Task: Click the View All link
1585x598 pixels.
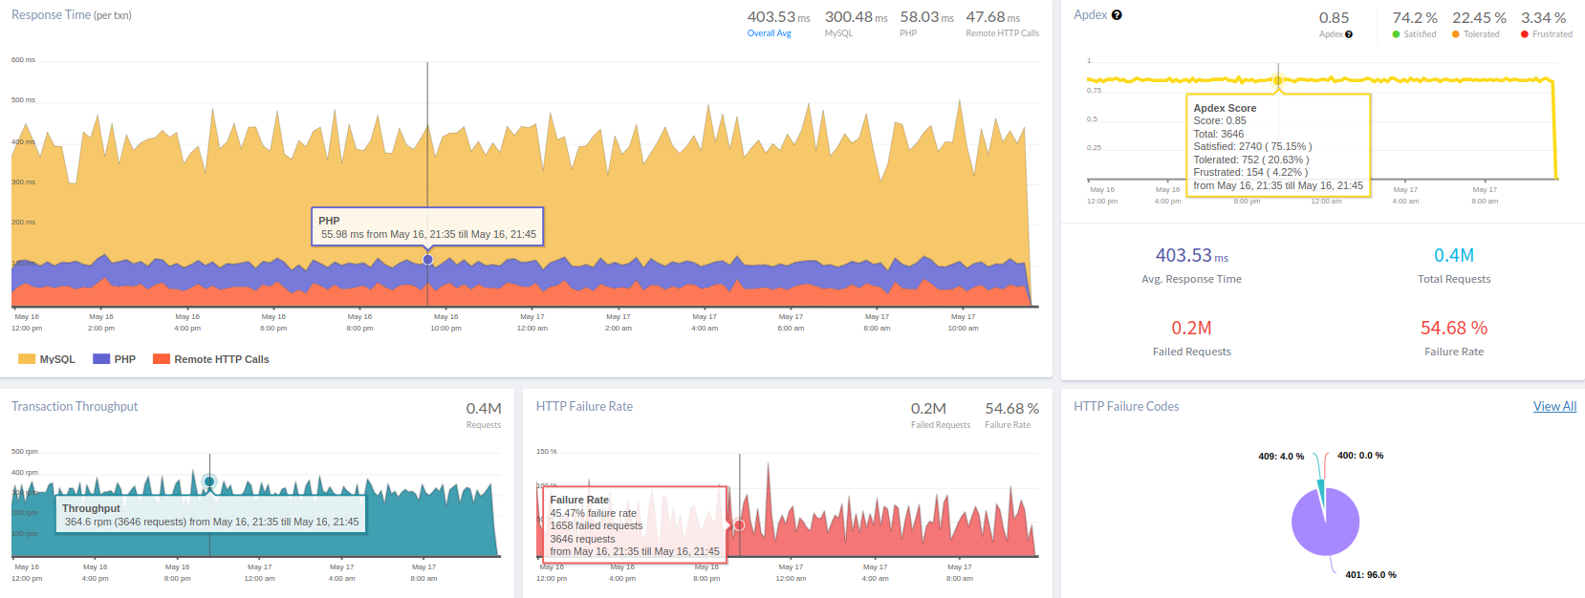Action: (x=1554, y=406)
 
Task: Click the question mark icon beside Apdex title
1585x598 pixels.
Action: (x=1117, y=15)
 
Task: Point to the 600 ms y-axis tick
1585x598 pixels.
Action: (x=23, y=60)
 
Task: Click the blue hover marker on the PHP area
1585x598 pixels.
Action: (x=427, y=260)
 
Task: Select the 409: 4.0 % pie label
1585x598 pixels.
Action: (x=1281, y=457)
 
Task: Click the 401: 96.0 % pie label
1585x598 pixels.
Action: (x=1370, y=575)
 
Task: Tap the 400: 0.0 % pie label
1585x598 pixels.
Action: (x=1359, y=456)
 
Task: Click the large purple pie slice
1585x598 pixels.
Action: (x=1329, y=525)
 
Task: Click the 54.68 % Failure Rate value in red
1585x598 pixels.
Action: (x=1453, y=328)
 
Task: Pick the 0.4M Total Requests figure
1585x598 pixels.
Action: (x=1453, y=255)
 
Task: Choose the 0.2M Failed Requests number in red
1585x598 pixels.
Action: (x=1191, y=328)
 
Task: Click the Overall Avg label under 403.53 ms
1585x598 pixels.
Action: (x=769, y=33)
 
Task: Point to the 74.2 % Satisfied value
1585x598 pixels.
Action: (x=1414, y=18)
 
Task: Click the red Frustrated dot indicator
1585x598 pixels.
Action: (x=1525, y=34)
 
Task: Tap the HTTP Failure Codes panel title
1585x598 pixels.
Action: (x=1126, y=406)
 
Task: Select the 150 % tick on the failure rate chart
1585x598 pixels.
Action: (x=546, y=451)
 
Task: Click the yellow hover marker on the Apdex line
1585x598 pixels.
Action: (x=1278, y=80)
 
